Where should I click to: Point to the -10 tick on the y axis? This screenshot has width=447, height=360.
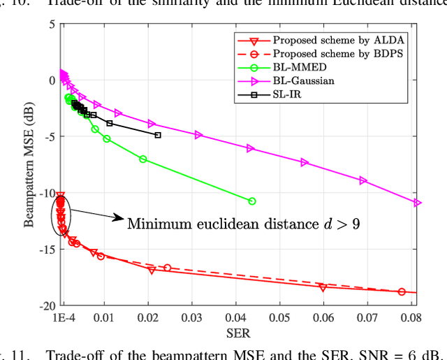pyautogui.click(x=49, y=193)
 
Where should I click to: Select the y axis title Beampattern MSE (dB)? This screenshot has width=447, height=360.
pyautogui.click(x=29, y=164)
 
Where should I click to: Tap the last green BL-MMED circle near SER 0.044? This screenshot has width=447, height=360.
pyautogui.click(x=252, y=201)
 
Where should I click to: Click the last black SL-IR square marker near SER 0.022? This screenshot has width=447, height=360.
pyautogui.click(x=158, y=135)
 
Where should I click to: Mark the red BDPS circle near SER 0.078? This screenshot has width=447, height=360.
pyautogui.click(x=402, y=291)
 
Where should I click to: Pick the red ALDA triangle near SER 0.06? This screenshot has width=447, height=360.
pyautogui.click(x=323, y=287)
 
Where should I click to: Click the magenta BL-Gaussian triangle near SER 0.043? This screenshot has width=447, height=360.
pyautogui.click(x=251, y=148)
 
